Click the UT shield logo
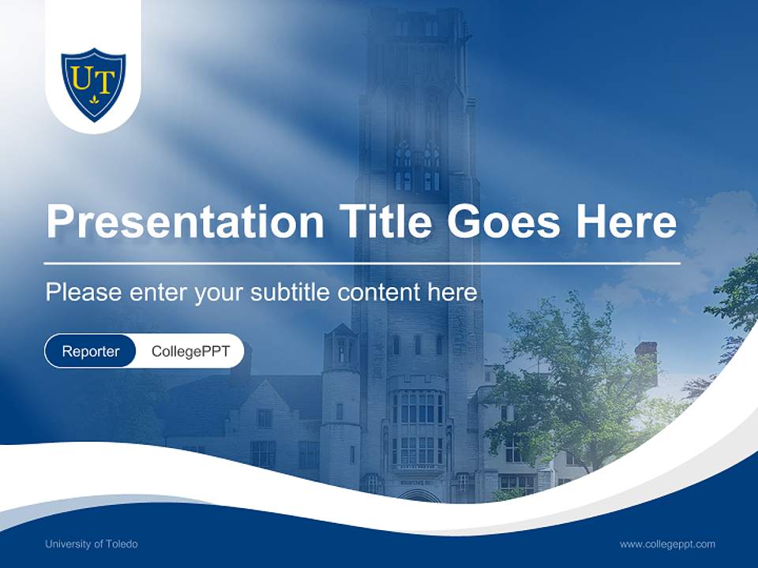(x=93, y=84)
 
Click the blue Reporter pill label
(x=91, y=351)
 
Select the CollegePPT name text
(x=190, y=351)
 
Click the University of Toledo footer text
(x=92, y=544)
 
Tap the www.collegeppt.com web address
(x=667, y=544)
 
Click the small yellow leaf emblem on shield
(x=94, y=100)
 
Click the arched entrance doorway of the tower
(x=418, y=496)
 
